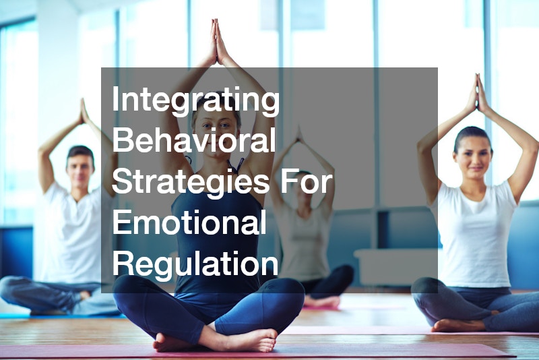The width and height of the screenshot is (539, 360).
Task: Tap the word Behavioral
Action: point(194,142)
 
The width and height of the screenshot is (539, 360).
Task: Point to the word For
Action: point(310,182)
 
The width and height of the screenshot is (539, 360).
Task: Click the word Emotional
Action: point(189,222)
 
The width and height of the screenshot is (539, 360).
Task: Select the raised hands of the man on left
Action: point(84,111)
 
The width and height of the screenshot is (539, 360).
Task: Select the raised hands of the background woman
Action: point(298,135)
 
